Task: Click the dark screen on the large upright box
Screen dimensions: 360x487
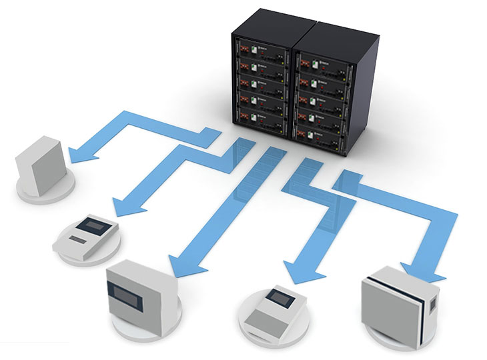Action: click(129, 291)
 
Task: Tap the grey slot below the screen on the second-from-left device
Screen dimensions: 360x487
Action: click(79, 239)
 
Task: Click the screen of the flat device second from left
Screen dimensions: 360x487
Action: click(89, 223)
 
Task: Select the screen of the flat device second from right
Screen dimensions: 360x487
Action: click(275, 295)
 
